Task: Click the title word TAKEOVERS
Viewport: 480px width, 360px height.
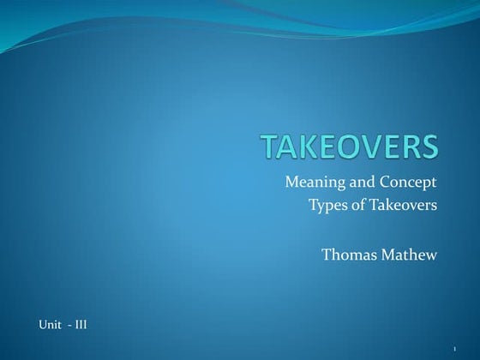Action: click(x=350, y=147)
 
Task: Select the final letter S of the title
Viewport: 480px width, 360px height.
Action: click(x=429, y=147)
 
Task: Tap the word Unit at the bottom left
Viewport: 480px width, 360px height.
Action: click(x=49, y=325)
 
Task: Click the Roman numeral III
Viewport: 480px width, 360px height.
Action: click(x=80, y=325)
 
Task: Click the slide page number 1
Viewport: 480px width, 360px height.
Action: click(x=454, y=348)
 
